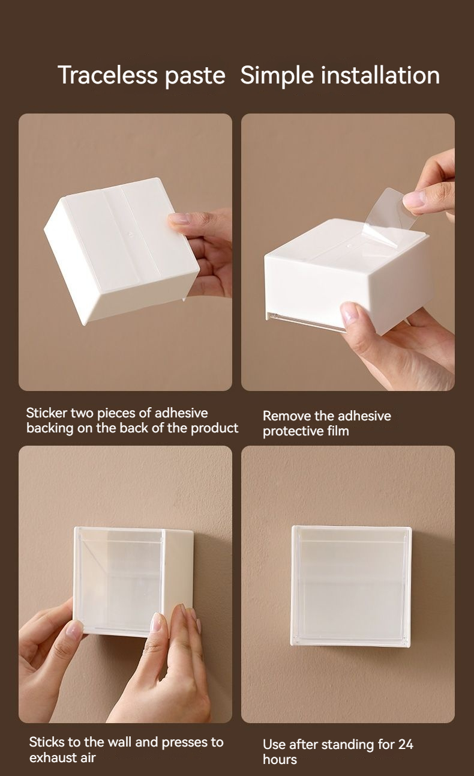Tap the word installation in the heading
[x=380, y=75]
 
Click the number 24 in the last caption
[x=406, y=744]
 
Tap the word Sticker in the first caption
[x=47, y=413]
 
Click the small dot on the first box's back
[x=131, y=234]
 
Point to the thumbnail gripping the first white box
[x=179, y=219]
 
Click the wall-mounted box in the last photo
[x=351, y=586]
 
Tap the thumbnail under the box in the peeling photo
[x=350, y=314]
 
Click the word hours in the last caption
[x=280, y=759]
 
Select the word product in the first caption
[x=215, y=428]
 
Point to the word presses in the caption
[x=179, y=742]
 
